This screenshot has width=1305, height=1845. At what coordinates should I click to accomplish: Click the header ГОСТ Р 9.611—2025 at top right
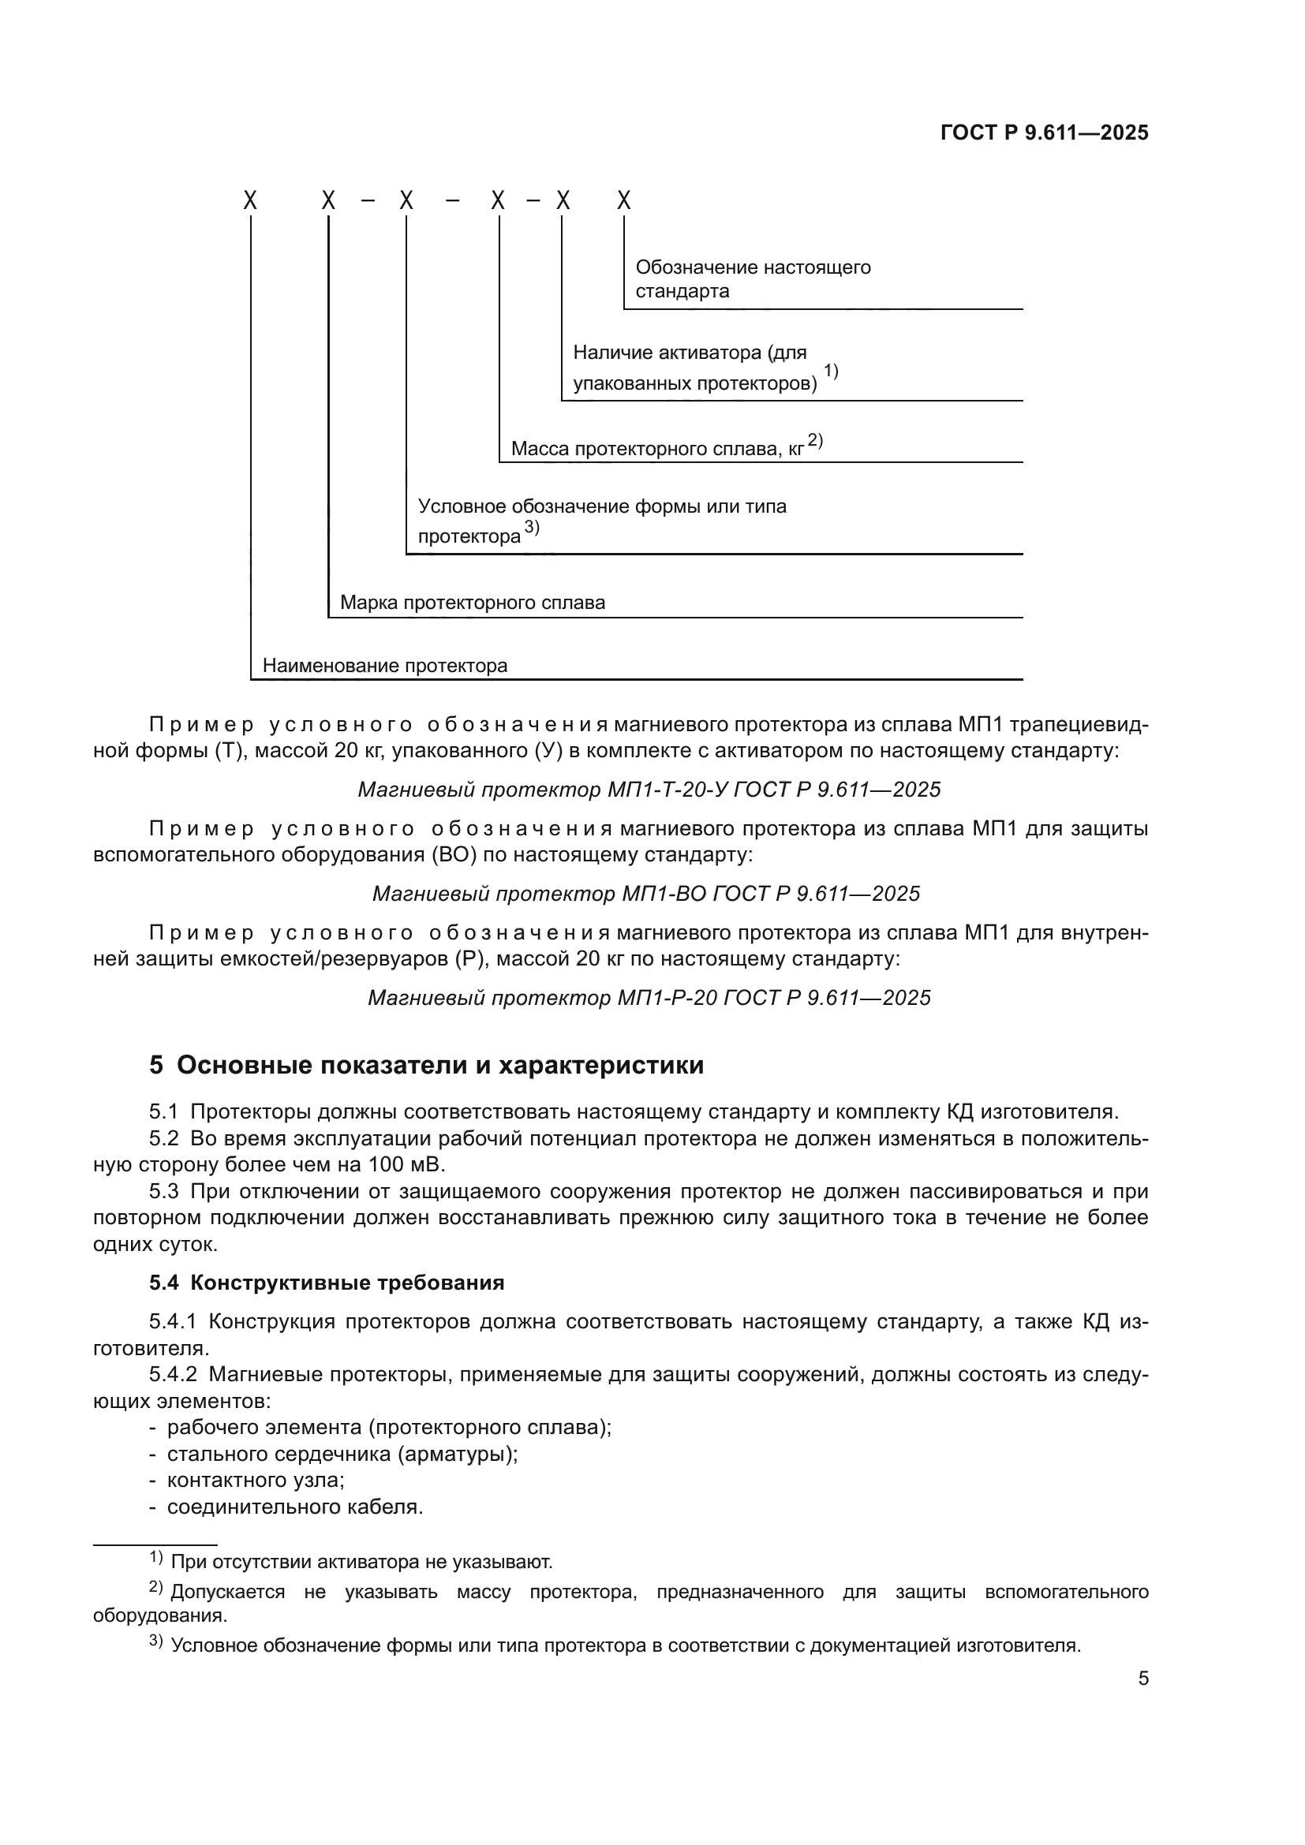[x=1044, y=133]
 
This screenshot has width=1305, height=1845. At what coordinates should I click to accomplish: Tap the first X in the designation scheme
[x=251, y=201]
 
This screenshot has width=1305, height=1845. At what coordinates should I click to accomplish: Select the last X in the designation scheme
[x=624, y=201]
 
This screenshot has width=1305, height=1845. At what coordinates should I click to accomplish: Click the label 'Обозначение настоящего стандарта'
[x=752, y=278]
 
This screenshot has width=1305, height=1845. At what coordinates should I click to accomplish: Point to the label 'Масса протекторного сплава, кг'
[x=656, y=448]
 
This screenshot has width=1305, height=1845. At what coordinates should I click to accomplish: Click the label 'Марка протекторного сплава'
[x=472, y=603]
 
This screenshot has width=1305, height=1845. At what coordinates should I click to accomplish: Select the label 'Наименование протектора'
[x=385, y=666]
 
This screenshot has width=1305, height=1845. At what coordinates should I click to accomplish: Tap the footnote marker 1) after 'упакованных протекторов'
[x=831, y=372]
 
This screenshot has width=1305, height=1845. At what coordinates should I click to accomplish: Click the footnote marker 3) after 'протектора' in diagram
[x=532, y=527]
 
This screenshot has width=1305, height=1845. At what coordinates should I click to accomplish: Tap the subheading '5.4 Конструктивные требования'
[x=327, y=1283]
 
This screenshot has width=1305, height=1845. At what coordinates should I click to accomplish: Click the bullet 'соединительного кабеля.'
[x=294, y=1507]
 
